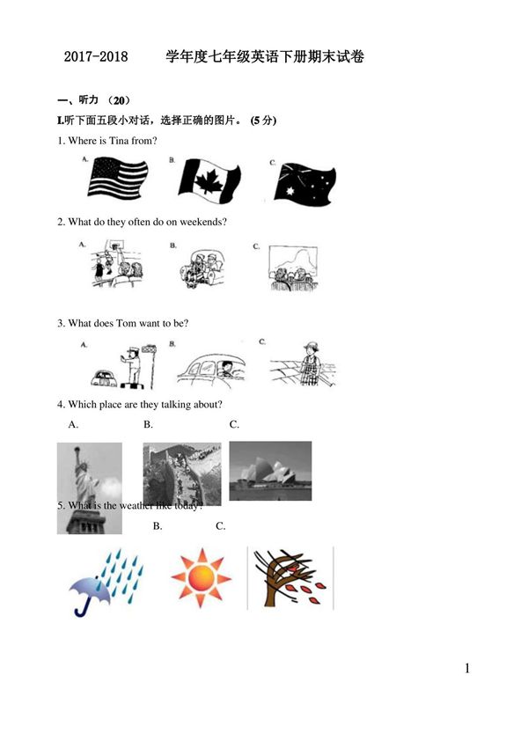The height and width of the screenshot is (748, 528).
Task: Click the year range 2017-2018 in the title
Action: pyautogui.click(x=96, y=57)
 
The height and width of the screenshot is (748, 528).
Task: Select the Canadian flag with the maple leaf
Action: pyautogui.click(x=208, y=180)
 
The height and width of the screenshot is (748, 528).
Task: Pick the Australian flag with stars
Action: pyautogui.click(x=304, y=183)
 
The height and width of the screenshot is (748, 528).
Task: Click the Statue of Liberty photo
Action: pyautogui.click(x=89, y=487)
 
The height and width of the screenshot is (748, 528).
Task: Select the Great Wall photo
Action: pyautogui.click(x=182, y=473)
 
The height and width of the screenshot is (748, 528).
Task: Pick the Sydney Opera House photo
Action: pyautogui.click(x=270, y=471)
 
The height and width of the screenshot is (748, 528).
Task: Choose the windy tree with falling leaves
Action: pyautogui.click(x=290, y=578)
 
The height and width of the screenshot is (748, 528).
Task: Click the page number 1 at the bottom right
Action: pyautogui.click(x=467, y=669)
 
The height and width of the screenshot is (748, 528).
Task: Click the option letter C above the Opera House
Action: pyautogui.click(x=234, y=425)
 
